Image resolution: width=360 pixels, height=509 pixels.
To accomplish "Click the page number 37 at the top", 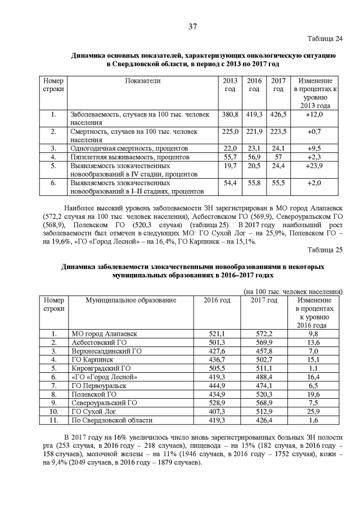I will [x=192, y=26].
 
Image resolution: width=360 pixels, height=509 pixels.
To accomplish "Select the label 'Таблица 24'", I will [x=324, y=39].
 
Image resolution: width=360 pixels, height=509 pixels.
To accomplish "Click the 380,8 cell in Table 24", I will [x=230, y=114].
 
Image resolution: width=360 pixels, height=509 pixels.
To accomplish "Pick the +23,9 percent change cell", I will [x=314, y=166].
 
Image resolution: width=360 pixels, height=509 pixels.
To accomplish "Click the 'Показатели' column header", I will [x=143, y=81].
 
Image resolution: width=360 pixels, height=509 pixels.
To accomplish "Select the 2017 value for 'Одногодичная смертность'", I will [x=278, y=148].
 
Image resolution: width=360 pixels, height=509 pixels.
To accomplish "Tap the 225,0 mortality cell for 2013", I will [x=230, y=131].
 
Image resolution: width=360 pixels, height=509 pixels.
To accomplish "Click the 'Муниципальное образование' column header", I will [x=130, y=300].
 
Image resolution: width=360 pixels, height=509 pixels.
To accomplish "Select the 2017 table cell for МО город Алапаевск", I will [x=263, y=334].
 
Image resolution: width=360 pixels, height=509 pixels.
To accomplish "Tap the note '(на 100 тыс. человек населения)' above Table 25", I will [x=292, y=292].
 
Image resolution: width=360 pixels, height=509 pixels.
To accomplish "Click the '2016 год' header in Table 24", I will [x=254, y=85].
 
